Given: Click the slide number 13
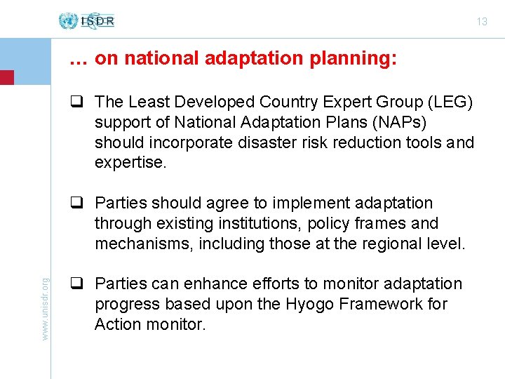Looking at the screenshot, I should (x=482, y=22).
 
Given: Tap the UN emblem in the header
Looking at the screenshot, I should (x=68, y=21).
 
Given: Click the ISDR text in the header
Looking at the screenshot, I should (x=97, y=21).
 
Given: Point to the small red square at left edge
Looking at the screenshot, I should (x=6, y=77).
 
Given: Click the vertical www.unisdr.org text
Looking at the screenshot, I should (x=46, y=309).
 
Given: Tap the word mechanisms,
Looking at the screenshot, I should (x=144, y=244).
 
